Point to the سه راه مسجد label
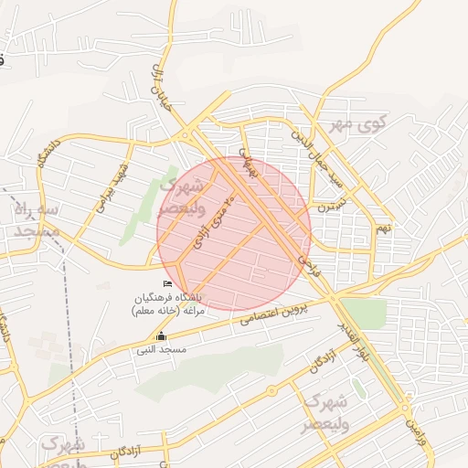(37, 219)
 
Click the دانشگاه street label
(45, 155)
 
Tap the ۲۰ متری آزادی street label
(211, 219)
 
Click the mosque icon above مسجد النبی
(162, 335)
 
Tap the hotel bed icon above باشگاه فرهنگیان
(166, 284)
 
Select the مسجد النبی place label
(162, 350)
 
